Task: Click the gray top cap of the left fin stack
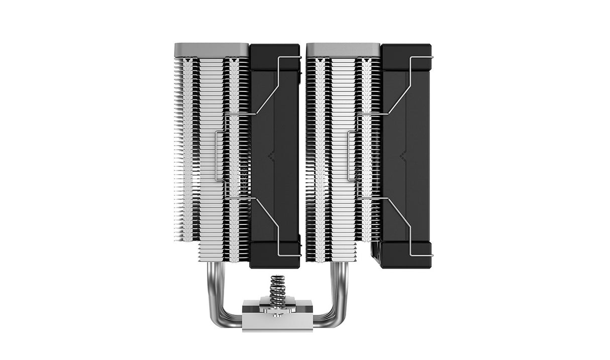(x=212, y=49)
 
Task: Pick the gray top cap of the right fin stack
(x=343, y=49)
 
